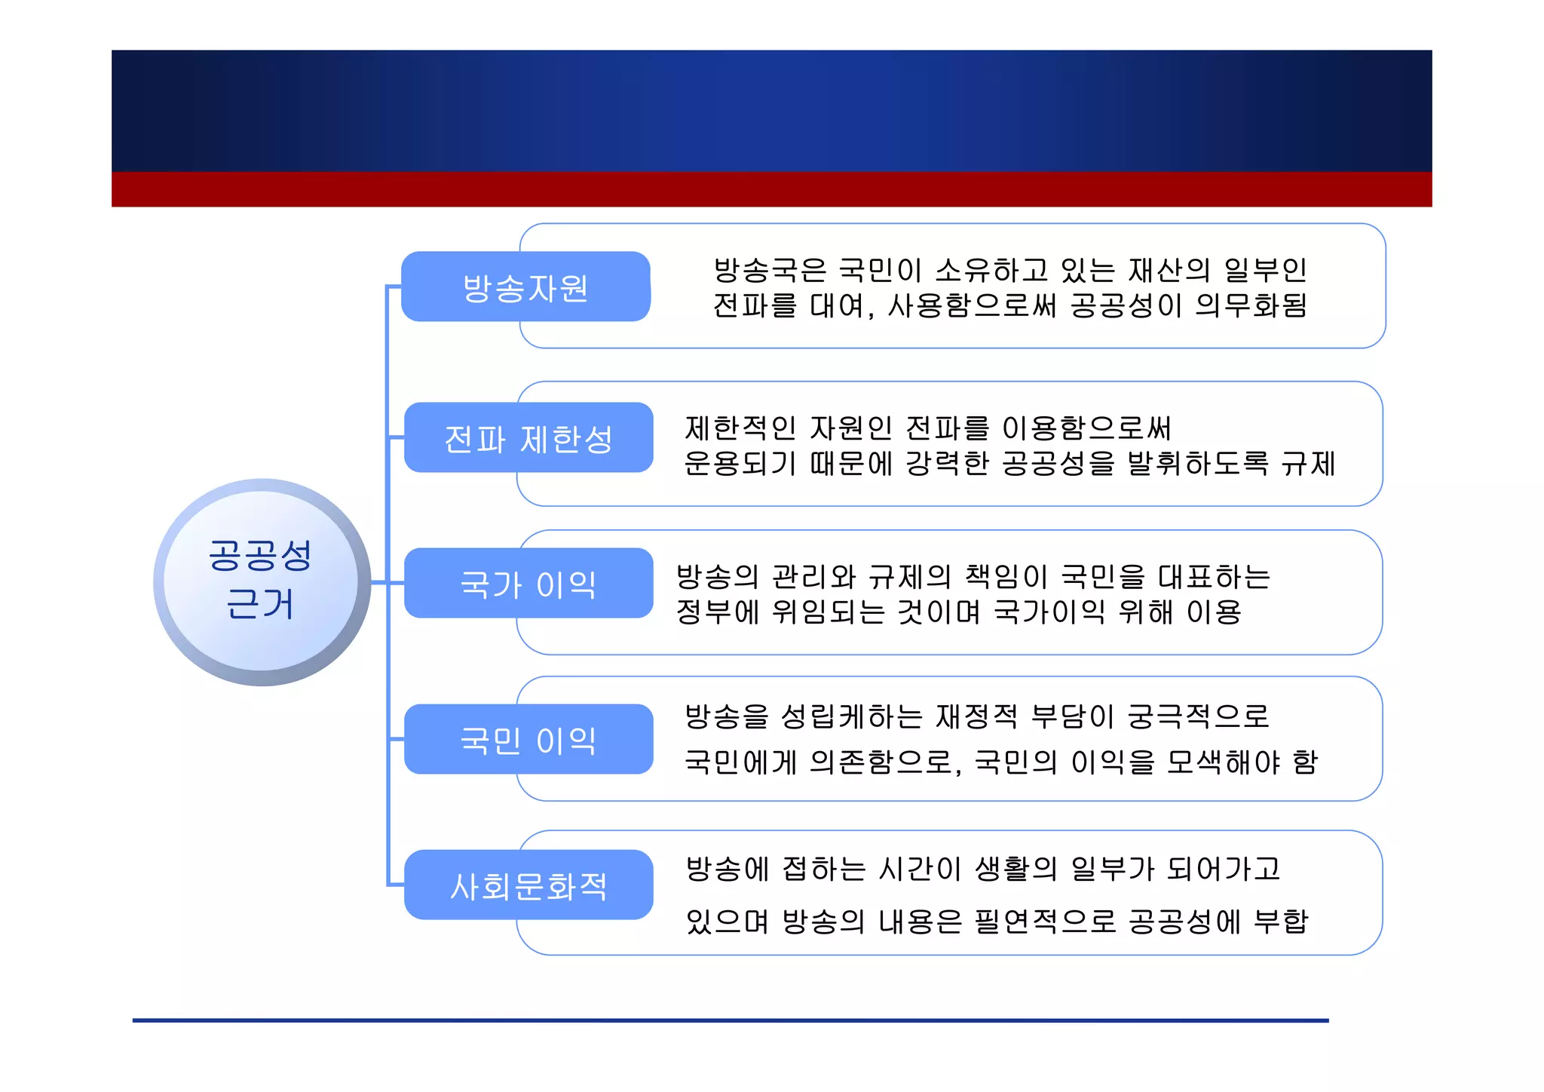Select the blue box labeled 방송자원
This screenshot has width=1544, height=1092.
coord(525,287)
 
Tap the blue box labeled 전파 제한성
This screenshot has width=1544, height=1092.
coord(528,438)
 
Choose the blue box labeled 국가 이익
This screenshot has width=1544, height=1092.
coord(528,584)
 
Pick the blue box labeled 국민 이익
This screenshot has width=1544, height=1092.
coord(528,739)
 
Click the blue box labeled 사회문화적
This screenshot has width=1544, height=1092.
coord(528,885)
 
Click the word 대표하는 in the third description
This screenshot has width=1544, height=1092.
coord(1214,577)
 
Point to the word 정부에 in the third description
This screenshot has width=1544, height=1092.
coord(717,612)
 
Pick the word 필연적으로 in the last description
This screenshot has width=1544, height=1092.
coord(1045,921)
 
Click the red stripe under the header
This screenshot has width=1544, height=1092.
coord(771,189)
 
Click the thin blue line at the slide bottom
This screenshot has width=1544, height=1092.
coord(730,1020)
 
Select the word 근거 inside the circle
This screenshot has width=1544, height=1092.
coord(260,604)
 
